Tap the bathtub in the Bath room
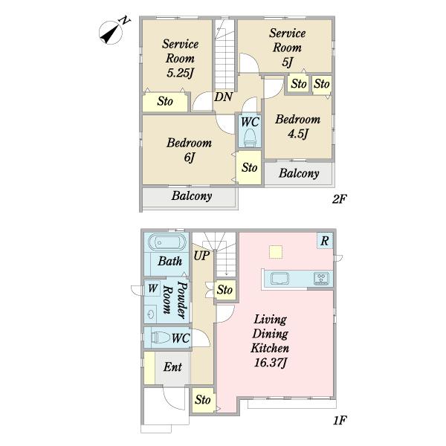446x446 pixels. tap(167, 242)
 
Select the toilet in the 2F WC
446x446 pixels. tap(250, 138)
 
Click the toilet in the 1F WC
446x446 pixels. tap(161, 337)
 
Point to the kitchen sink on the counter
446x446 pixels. tap(280, 278)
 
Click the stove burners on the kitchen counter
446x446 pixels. tap(321, 279)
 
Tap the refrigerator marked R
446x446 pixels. tap(325, 241)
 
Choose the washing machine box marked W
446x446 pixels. tap(152, 288)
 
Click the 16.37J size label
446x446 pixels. tap(271, 363)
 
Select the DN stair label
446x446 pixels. tap(223, 97)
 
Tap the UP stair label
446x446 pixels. tap(201, 256)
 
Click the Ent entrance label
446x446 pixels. tap(172, 367)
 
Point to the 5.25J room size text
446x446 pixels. tap(181, 73)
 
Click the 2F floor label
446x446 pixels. tap(339, 199)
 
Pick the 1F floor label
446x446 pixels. tap(340, 421)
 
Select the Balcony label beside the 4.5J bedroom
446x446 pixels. tap(299, 173)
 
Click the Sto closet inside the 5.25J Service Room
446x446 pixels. tap(165, 102)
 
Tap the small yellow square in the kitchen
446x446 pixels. tap(276, 252)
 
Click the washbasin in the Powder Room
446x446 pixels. tap(150, 314)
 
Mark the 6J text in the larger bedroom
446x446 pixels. tap(190, 158)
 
